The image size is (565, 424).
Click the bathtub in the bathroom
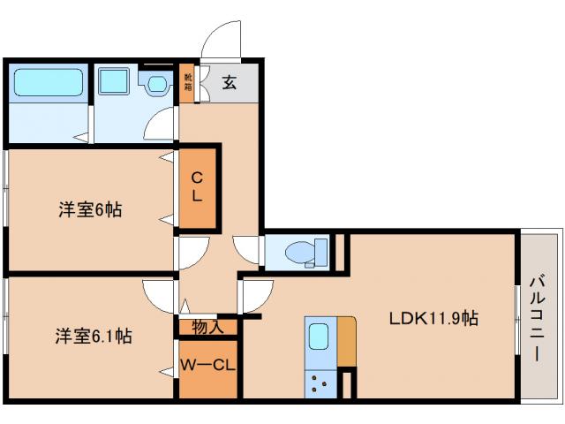(49, 84)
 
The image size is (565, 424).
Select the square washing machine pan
(113, 82)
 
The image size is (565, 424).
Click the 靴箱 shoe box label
(188, 83)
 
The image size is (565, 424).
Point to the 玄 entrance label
(229, 84)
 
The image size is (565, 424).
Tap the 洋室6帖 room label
(90, 209)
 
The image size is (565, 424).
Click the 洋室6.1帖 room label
(94, 336)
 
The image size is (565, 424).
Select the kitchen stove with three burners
(319, 382)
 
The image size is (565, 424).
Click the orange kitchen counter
(346, 340)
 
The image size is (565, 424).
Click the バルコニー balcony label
(537, 318)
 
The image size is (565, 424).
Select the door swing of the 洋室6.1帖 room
(161, 295)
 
